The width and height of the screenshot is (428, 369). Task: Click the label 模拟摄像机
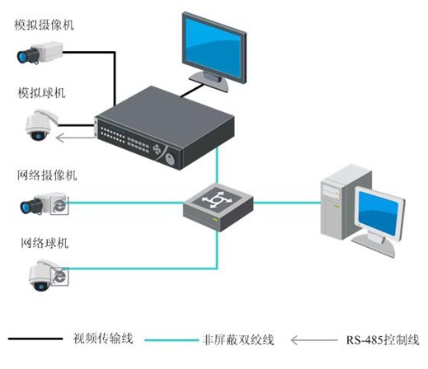44,25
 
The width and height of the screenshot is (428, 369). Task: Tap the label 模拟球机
41,93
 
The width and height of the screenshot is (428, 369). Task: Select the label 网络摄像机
47,175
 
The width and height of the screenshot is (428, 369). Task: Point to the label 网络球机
45,243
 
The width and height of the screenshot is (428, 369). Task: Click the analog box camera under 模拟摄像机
40,53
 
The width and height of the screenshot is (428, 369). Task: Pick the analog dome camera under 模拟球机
42,124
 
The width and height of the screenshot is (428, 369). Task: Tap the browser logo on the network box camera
59,205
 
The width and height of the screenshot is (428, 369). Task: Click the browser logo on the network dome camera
59,277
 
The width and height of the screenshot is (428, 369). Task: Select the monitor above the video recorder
214,51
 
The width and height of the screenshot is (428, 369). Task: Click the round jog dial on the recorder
170,159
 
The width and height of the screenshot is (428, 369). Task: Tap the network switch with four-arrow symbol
219,208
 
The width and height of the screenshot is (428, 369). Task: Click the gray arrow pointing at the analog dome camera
75,138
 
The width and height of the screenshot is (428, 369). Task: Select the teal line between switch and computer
287,203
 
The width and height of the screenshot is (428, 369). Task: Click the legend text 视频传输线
103,339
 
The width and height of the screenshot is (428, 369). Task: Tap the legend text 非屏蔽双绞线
238,340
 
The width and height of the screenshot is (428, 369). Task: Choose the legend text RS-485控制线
383,340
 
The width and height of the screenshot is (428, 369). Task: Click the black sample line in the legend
35,339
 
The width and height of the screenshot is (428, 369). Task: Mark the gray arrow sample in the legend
314,340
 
